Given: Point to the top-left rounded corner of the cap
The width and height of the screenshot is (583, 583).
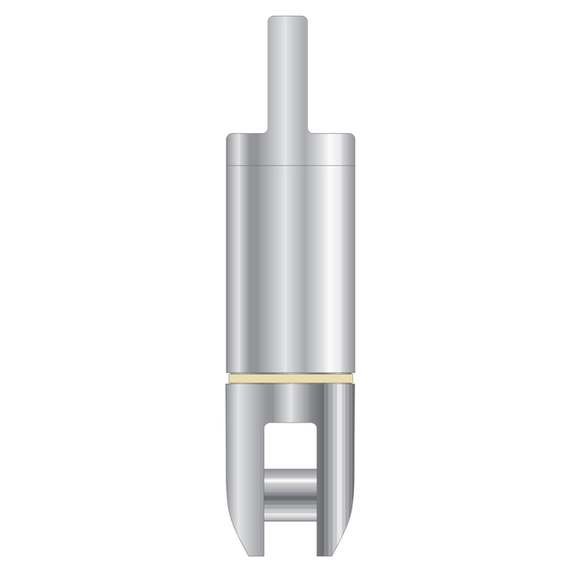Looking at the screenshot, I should coord(229,136).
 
